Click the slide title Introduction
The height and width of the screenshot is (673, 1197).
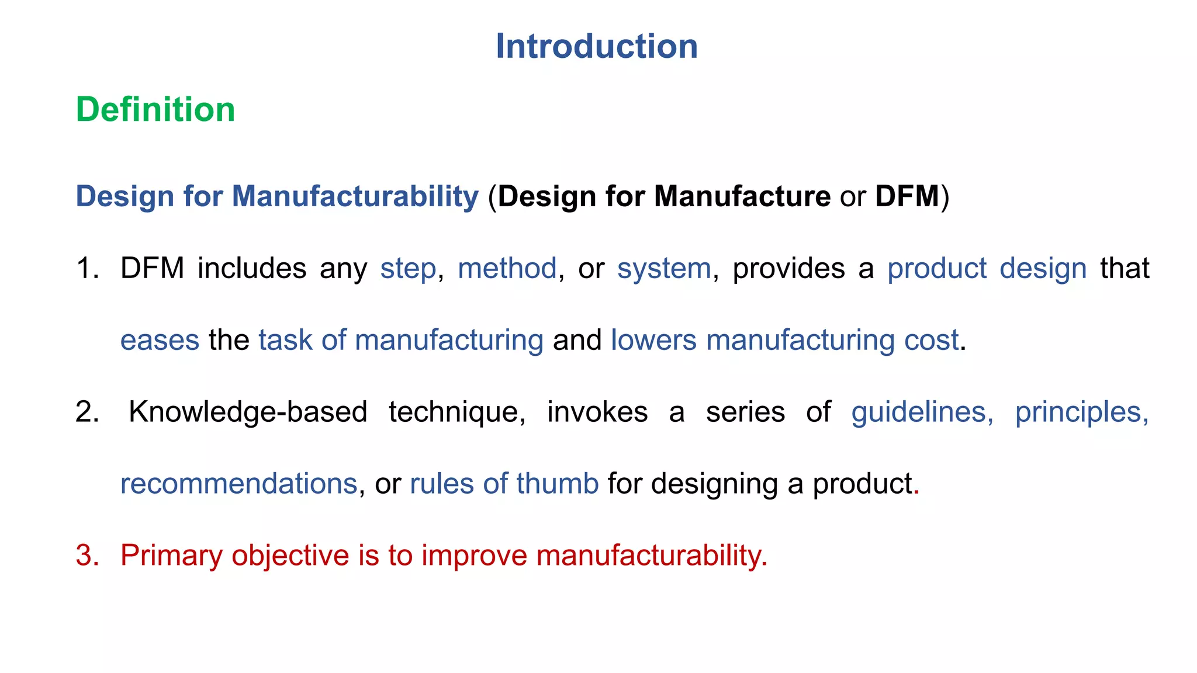tap(597, 46)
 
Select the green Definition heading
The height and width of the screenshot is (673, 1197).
tap(155, 109)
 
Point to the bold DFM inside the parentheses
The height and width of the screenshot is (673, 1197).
tap(907, 196)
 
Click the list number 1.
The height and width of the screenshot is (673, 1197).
tap(88, 269)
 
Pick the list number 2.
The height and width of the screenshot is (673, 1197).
tap(88, 412)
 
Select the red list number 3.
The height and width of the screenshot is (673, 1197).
tap(88, 556)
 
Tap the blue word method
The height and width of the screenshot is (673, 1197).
tap(507, 269)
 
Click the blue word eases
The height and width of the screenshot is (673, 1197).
tap(160, 341)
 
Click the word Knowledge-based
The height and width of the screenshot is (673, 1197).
tap(248, 412)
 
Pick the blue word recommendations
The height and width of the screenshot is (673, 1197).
tap(238, 484)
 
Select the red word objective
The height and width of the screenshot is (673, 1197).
tap(290, 556)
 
